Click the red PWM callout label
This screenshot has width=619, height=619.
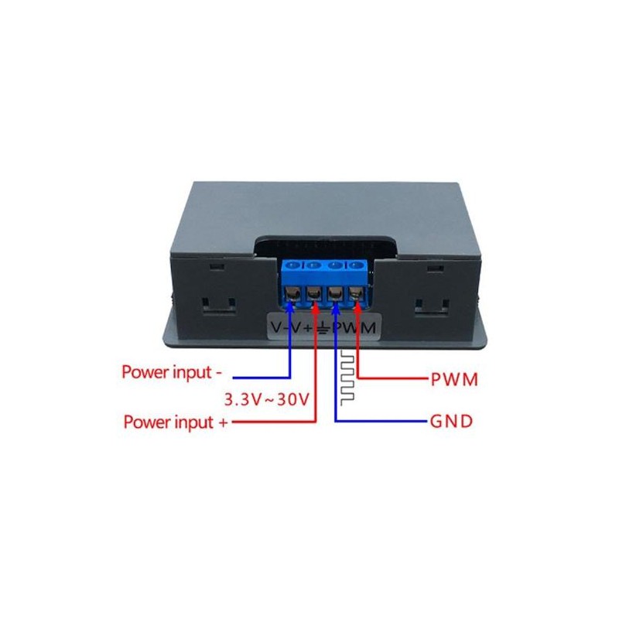(x=454, y=379)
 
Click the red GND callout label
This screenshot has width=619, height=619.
(x=451, y=422)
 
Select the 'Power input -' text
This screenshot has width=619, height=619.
(x=172, y=372)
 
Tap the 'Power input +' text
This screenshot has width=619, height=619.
(x=176, y=422)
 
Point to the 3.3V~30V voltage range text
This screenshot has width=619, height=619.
(x=266, y=399)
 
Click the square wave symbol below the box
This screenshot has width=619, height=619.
(x=347, y=377)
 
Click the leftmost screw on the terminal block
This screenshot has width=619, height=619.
(x=293, y=295)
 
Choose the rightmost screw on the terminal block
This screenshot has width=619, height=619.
(x=355, y=294)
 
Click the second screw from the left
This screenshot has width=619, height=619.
(x=314, y=294)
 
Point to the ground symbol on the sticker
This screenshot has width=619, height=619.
(x=323, y=327)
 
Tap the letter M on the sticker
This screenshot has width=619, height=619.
(x=367, y=327)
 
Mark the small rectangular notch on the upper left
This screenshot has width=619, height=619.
(x=217, y=267)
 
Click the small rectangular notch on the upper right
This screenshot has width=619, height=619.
(x=435, y=268)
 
